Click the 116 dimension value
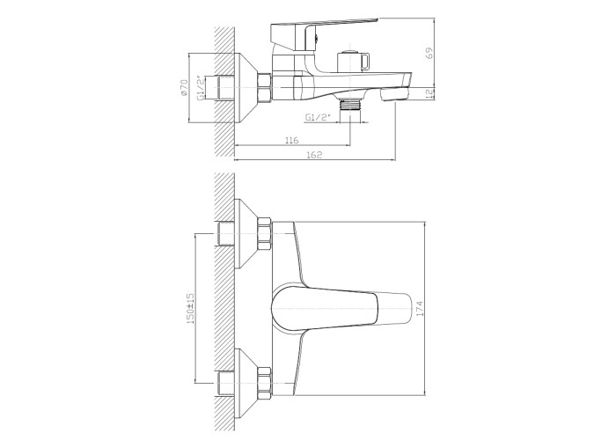pos(291,140)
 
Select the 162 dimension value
pos(314,154)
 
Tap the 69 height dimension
pos(429,53)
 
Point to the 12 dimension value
pos(429,93)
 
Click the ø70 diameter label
pos(184,88)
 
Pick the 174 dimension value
pos(420,309)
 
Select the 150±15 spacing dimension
pos(191,308)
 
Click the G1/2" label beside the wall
pos(201,88)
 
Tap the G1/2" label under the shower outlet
pos(318,117)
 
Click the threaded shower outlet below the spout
pos(349,106)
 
